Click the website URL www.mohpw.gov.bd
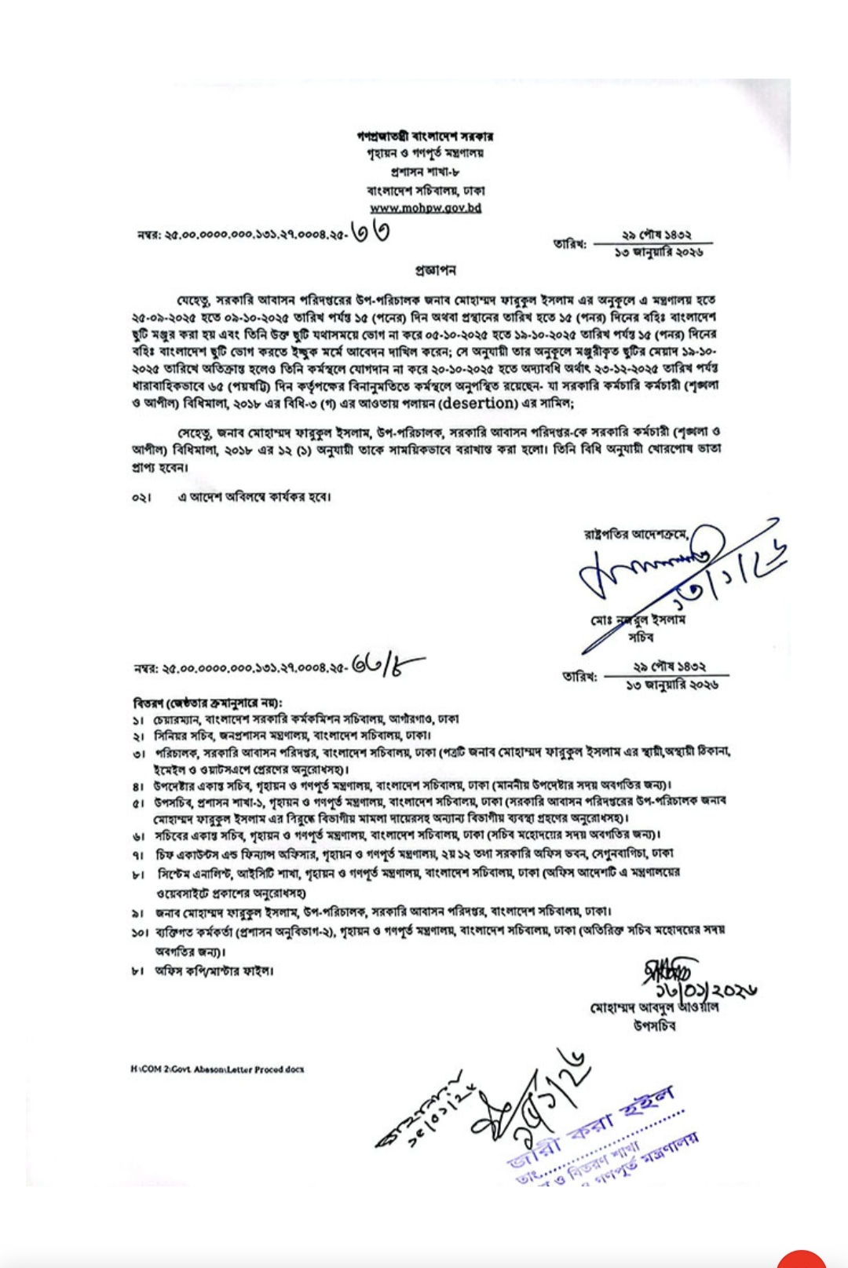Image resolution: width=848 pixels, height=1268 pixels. click(425, 208)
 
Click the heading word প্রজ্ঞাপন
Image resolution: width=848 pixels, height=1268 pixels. click(435, 270)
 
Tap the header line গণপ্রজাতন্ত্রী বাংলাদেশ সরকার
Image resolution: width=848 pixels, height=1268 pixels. click(425, 136)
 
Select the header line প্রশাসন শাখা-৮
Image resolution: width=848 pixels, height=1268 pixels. click(425, 171)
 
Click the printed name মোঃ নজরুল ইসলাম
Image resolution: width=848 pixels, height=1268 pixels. click(639, 620)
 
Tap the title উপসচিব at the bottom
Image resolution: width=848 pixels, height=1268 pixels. click(654, 1026)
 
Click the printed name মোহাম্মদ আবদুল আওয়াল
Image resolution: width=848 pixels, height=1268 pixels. click(654, 1007)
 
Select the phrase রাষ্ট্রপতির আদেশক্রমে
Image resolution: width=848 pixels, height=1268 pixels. click(636, 535)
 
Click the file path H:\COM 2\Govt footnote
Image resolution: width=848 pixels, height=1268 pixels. click(217, 1069)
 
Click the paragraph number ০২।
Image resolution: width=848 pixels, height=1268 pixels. click(141, 498)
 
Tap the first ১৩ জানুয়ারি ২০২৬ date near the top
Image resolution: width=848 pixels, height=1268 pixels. click(658, 253)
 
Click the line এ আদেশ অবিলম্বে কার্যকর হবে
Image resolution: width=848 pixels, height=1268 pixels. click(254, 497)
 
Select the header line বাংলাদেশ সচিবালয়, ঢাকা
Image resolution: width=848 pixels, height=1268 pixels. click(425, 190)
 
